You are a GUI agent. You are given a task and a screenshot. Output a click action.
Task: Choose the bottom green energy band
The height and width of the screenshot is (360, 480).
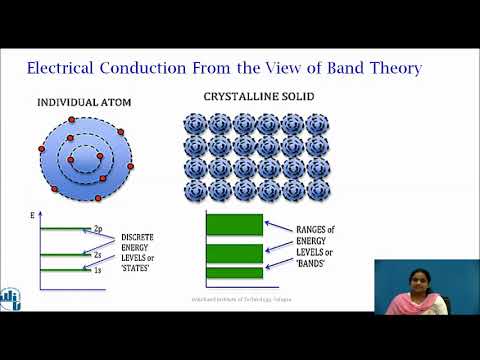click(235, 272)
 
